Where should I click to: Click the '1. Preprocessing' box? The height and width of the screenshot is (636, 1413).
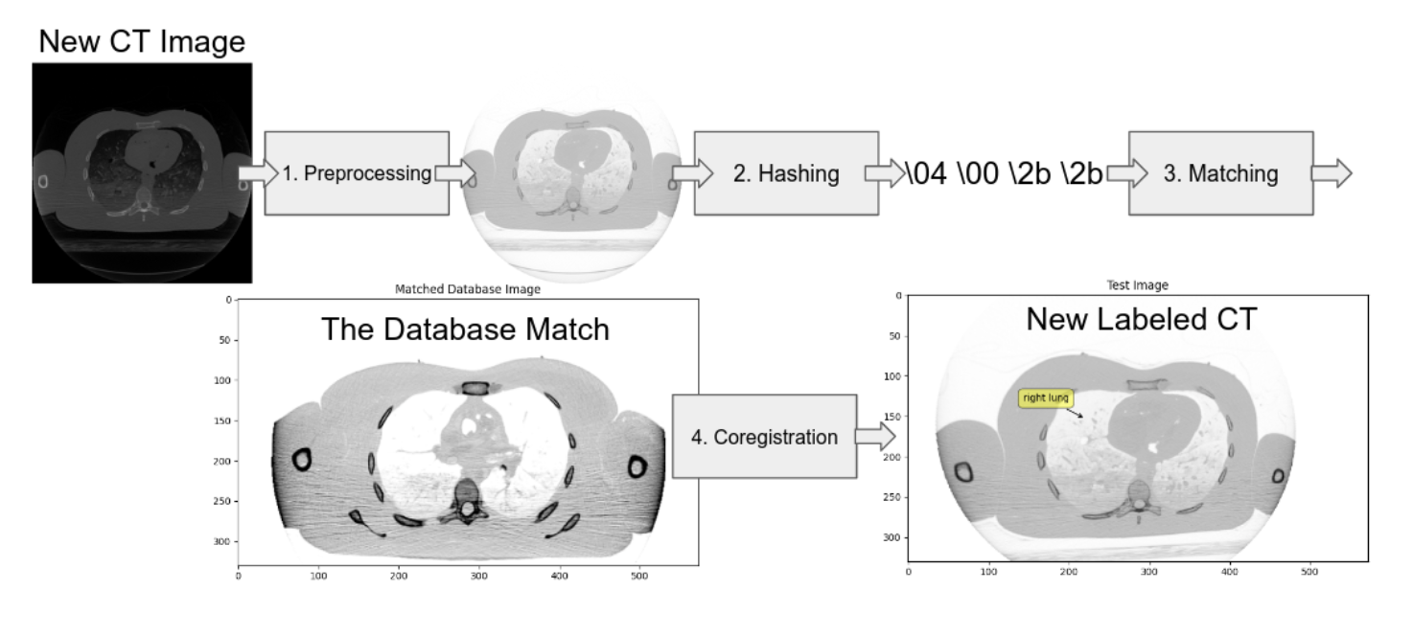coord(357,173)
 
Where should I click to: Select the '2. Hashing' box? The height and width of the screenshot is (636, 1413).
coord(786,173)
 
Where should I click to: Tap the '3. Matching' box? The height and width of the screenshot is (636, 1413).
coord(1220,173)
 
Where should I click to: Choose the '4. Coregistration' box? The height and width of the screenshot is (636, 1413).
coord(764,437)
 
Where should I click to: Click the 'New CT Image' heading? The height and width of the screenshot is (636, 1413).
coord(142,41)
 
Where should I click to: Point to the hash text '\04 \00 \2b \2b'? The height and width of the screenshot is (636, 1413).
coord(1004,174)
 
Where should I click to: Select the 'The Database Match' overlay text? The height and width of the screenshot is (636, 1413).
coord(465,329)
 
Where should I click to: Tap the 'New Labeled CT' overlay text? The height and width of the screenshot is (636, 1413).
coord(1141,319)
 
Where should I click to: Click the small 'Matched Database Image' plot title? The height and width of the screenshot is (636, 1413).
coord(468,288)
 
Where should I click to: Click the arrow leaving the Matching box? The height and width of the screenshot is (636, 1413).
coord(1332,173)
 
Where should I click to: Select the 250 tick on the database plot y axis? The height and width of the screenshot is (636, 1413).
coord(225,501)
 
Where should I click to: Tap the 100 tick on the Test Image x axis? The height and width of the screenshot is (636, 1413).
coord(988,571)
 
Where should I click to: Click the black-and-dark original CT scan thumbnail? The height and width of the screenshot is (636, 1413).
coord(142,173)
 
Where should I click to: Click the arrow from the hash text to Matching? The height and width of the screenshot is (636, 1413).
coord(1119,173)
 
